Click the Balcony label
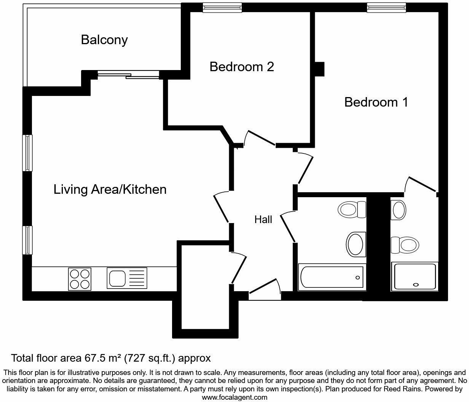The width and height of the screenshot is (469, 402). click(x=104, y=40)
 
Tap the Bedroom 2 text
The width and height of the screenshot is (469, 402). click(x=242, y=67)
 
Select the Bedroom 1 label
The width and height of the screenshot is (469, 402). click(x=376, y=102)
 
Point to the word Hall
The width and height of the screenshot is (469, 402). click(x=263, y=219)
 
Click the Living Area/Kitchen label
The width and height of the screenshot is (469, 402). click(x=110, y=189)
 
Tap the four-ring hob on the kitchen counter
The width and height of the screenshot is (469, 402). click(x=80, y=279)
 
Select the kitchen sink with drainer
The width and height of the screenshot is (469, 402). click(x=127, y=278)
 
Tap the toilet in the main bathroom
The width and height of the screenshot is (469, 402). click(x=352, y=209)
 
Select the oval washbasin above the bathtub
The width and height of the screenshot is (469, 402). click(x=355, y=244)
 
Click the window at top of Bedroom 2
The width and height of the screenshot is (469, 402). click(x=222, y=7)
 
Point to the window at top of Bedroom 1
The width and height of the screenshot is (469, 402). click(x=386, y=7)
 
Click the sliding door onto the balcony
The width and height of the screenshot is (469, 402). click(x=128, y=75)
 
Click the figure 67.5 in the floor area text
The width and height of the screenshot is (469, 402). click(x=97, y=358)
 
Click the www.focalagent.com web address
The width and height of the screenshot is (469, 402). click(x=234, y=397)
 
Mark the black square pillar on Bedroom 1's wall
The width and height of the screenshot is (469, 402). click(x=319, y=69)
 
